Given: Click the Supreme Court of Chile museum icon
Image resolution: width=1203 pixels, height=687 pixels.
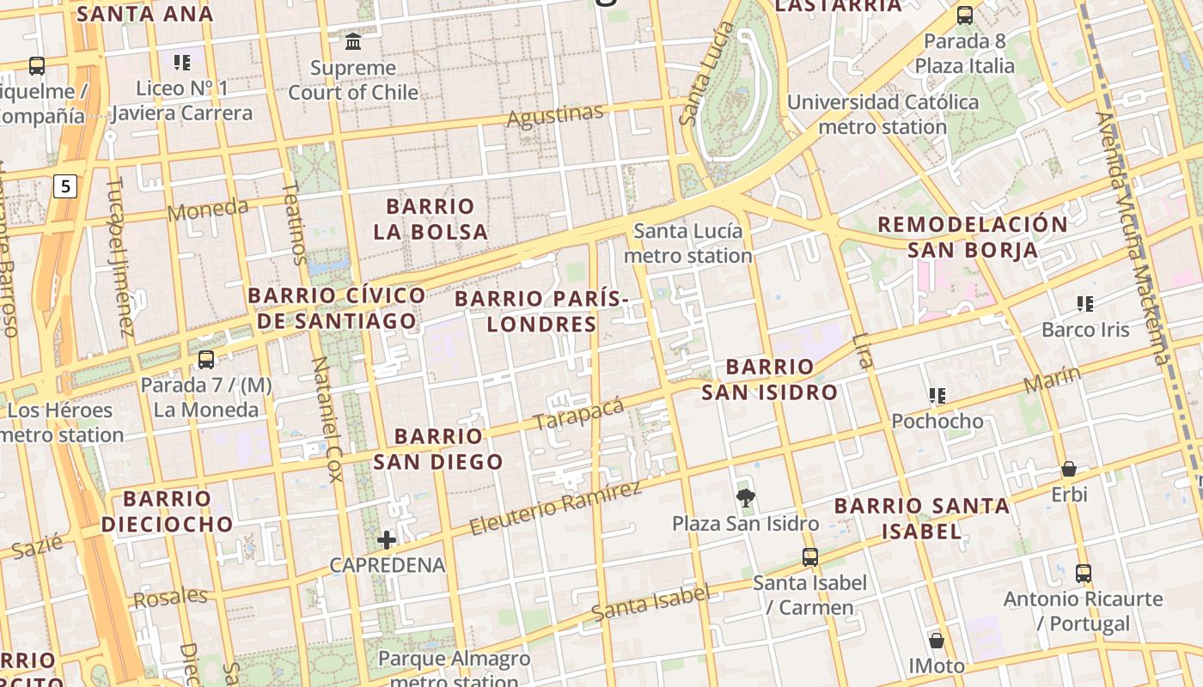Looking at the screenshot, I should click(x=352, y=41).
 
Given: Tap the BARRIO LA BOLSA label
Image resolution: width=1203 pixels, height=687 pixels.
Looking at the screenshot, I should click(x=431, y=219).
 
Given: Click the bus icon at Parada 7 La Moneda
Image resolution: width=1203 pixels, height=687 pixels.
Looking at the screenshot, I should click(x=205, y=360).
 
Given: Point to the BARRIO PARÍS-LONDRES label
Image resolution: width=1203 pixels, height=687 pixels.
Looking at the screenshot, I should click(x=541, y=311).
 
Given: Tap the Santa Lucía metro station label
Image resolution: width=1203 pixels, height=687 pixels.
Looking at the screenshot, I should click(x=687, y=243).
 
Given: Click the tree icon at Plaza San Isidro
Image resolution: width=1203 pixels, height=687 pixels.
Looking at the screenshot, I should click(x=745, y=497).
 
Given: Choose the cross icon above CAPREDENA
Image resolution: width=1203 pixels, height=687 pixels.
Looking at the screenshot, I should click(x=387, y=539).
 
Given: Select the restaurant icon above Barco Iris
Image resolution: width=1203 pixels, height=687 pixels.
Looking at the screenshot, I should click(x=1084, y=304).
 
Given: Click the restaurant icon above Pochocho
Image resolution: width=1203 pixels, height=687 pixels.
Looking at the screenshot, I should click(x=937, y=396).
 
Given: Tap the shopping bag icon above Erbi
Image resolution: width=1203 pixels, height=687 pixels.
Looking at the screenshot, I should click(x=1069, y=469).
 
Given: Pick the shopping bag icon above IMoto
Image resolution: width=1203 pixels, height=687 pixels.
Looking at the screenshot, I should click(x=937, y=641).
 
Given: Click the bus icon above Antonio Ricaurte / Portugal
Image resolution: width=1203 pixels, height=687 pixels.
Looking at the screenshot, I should click(x=1083, y=573).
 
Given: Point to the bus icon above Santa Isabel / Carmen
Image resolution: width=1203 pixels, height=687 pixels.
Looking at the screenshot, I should click(x=809, y=556).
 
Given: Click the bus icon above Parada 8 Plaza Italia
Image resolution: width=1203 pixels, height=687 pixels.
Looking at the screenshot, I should click(x=964, y=15).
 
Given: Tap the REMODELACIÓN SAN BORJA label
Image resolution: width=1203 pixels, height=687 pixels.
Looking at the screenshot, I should click(x=972, y=237).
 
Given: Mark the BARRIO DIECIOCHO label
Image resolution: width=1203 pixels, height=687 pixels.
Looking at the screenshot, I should click(x=167, y=511).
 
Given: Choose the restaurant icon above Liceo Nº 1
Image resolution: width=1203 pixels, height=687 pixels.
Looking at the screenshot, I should click(x=181, y=62).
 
